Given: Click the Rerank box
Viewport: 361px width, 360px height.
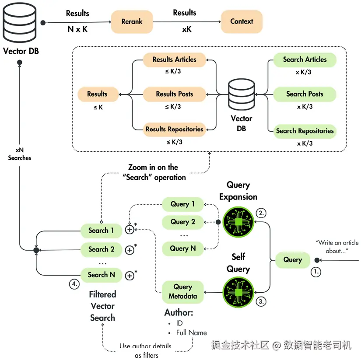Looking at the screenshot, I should point(132,21).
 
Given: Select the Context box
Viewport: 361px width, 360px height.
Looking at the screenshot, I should point(242,21).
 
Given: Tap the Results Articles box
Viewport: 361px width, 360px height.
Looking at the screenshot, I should point(174,60).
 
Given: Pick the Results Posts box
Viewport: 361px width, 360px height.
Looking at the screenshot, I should point(174,94).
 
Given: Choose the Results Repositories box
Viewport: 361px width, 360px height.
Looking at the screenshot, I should point(174,129).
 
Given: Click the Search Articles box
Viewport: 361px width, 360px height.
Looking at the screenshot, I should point(305,60).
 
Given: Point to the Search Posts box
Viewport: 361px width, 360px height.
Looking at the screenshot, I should point(305,94).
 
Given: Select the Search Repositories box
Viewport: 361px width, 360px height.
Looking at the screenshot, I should point(305,131).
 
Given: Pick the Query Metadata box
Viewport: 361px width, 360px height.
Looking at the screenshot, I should point(183,292).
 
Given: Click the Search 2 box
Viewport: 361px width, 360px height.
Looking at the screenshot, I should point(101,249).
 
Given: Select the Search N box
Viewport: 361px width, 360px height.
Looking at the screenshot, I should point(101,275).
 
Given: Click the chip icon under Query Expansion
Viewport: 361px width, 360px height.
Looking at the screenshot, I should point(238,222).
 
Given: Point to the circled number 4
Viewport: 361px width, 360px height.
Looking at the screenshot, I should point(74,283).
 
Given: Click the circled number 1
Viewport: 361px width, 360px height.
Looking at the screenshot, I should point(315,272).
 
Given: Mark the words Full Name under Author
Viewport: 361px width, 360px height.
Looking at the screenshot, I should point(191,332).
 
